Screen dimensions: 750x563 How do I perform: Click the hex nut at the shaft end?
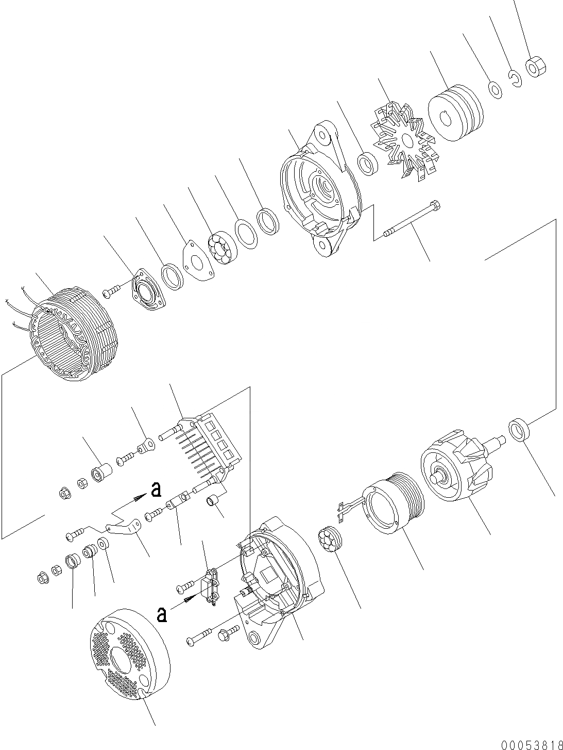(x=535, y=67)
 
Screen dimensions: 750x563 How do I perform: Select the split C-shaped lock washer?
(x=515, y=78)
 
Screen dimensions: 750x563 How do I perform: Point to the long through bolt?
(x=411, y=222)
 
